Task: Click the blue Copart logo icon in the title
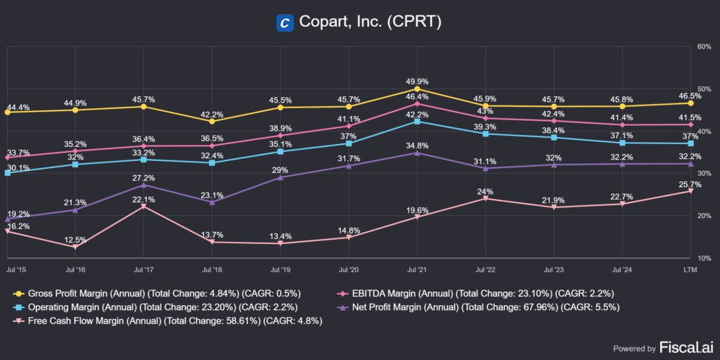pos(285,22)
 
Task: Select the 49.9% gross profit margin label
pos(418,82)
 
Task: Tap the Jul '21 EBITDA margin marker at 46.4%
pos(418,104)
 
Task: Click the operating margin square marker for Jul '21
pos(418,122)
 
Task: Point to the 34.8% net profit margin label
pos(418,146)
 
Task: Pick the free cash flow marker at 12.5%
pos(75,247)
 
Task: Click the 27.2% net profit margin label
pos(143,178)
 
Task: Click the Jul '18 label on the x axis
pos(212,269)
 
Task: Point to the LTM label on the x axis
pos(690,269)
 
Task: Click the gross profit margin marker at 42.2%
pos(212,121)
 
